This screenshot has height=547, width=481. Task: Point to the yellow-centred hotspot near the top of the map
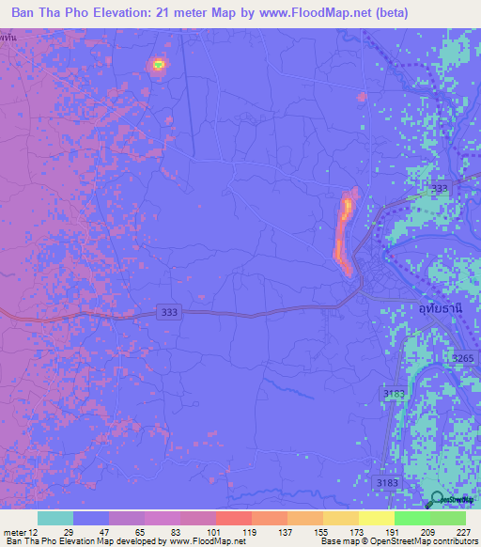point(158,64)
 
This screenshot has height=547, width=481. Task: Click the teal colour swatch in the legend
point(54,518)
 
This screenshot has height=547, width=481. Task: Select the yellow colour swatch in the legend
point(376,518)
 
